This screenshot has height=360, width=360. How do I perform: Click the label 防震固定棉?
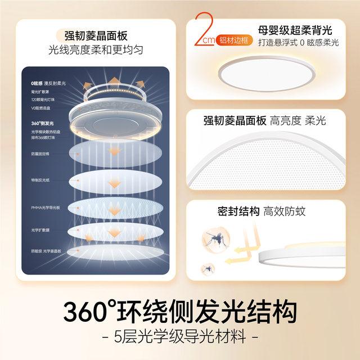pos(41,153)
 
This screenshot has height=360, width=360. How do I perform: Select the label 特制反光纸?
pos(41,181)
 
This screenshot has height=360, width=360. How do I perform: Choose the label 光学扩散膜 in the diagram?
pos(41,230)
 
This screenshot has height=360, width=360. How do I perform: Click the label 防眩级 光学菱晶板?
pos(46,251)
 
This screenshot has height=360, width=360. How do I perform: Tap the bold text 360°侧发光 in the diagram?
pos(42,123)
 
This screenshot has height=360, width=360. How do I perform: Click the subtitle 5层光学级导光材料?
pos(180,338)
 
